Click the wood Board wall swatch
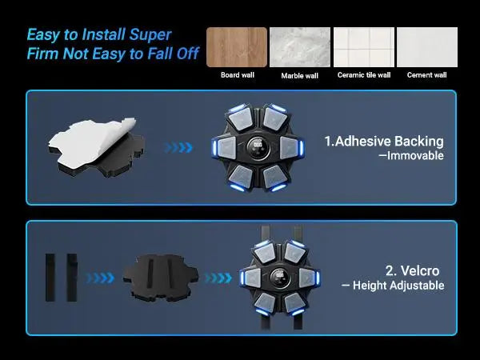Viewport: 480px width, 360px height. pyautogui.click(x=237, y=47)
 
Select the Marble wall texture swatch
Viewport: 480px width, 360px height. pyautogui.click(x=300, y=47)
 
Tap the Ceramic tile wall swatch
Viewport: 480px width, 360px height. pyautogui.click(x=364, y=47)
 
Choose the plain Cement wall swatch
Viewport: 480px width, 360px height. pyautogui.click(x=427, y=47)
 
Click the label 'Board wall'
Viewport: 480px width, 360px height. pyautogui.click(x=238, y=75)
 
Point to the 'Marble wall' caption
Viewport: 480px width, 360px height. pyautogui.click(x=300, y=76)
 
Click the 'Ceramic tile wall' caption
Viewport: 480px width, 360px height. pyautogui.click(x=364, y=75)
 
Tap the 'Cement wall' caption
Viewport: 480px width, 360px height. pyautogui.click(x=426, y=75)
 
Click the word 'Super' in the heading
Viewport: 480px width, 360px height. pyautogui.click(x=150, y=35)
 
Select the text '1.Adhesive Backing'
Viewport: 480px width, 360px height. pyautogui.click(x=384, y=141)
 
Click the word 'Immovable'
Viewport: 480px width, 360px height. pyautogui.click(x=415, y=155)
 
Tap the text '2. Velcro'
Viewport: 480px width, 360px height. pyautogui.click(x=412, y=270)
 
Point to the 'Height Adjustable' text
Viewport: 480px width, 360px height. pyautogui.click(x=398, y=286)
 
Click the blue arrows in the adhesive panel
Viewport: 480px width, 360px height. pyautogui.click(x=178, y=147)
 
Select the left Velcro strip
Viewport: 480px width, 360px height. pyautogui.click(x=50, y=278)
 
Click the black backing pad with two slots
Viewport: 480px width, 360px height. pyautogui.click(x=161, y=277)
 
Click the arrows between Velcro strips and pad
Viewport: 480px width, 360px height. pyautogui.click(x=100, y=278)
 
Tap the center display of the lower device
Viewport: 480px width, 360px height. pyautogui.click(x=280, y=276)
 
